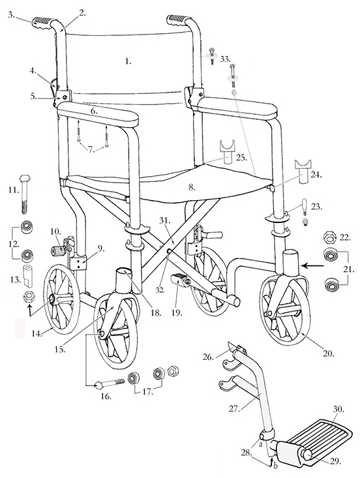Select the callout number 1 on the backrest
[x=128, y=61]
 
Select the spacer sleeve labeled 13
[x=29, y=276]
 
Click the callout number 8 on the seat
[x=192, y=187]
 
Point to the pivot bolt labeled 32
[x=169, y=252]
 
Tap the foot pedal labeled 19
[x=181, y=279]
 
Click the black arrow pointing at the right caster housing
[x=314, y=266]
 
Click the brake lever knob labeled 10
[x=57, y=252]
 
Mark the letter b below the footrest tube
[x=276, y=467]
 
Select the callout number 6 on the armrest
[x=94, y=112]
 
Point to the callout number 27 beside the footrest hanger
[x=234, y=409]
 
